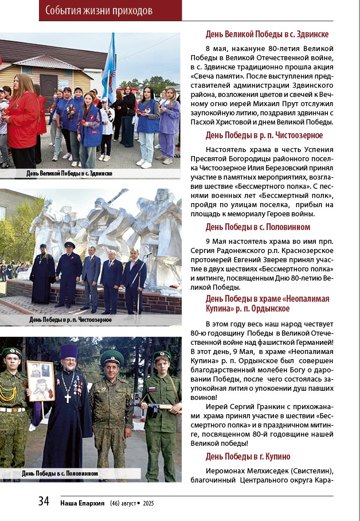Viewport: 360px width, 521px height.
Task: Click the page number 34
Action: (x=44, y=501)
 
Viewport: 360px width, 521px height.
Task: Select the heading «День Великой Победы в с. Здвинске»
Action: (x=267, y=34)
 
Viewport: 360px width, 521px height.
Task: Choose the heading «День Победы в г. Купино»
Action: (x=256, y=456)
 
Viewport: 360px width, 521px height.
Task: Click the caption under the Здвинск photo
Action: (x=69, y=173)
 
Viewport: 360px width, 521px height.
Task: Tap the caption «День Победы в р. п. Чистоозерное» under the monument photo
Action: (x=71, y=320)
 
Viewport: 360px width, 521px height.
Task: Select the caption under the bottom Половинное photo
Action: (x=60, y=473)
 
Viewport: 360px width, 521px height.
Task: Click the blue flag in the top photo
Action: (x=109, y=63)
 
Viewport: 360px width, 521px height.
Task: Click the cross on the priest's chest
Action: (x=67, y=397)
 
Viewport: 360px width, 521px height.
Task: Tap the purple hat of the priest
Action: (x=69, y=351)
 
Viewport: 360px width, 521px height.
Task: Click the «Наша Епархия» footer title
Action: (x=83, y=503)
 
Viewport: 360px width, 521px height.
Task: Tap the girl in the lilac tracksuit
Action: (x=168, y=123)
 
